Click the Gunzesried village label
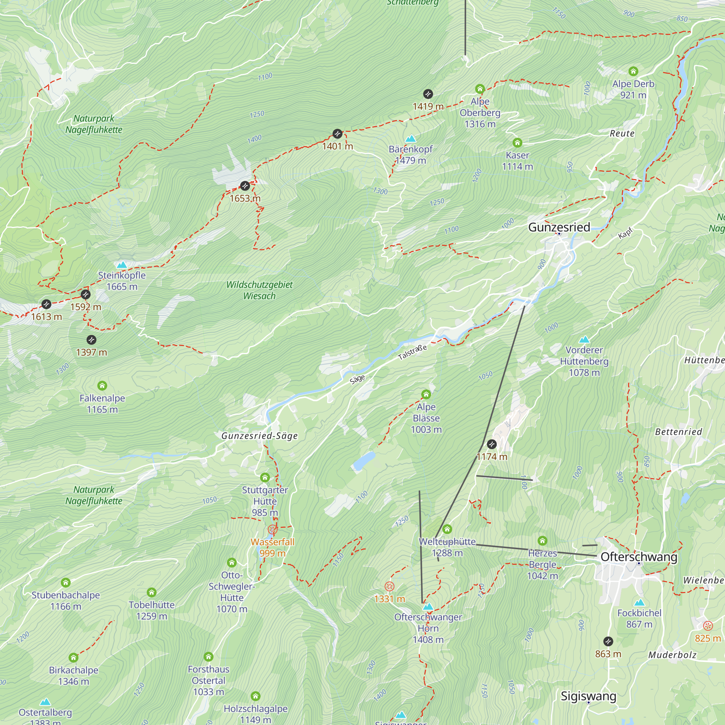coord(559,227)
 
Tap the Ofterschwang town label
coord(639,557)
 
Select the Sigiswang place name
coord(588,696)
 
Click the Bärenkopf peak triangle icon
coord(411,138)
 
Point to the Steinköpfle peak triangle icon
coord(121,265)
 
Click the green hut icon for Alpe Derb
coord(633,71)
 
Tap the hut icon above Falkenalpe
coord(102,385)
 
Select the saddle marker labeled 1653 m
coord(245,186)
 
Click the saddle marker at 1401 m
coord(337,134)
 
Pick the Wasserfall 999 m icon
coord(273,530)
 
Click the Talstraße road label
coord(412,352)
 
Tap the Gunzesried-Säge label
coord(259,436)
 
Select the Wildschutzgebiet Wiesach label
coord(259,290)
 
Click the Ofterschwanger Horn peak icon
coord(428,606)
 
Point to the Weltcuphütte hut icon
coord(447,530)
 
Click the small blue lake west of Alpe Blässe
coord(364,461)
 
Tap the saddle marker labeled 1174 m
coord(492,444)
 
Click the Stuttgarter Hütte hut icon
coord(265,477)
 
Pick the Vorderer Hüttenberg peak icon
coord(584,340)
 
